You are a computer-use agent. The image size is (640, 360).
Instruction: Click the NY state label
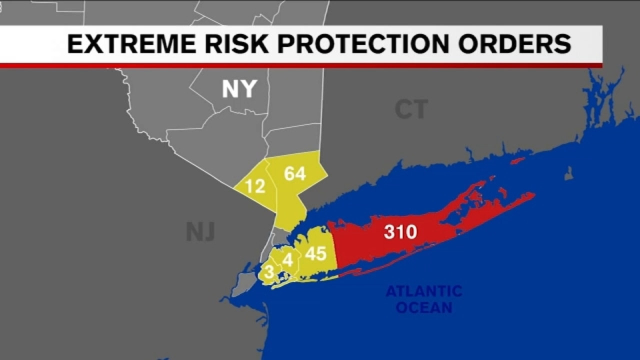239,89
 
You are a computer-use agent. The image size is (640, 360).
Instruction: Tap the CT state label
411,109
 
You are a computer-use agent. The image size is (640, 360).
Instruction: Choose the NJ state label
200,231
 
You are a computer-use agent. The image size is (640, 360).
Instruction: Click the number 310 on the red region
400,232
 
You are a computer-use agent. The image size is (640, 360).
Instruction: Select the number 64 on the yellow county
295,173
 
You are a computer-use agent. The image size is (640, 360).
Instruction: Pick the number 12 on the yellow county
254,186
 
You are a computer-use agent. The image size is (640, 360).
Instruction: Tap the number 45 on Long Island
315,254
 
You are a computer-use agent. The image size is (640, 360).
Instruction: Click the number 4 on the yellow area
287,260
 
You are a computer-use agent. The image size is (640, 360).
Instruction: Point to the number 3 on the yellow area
269,272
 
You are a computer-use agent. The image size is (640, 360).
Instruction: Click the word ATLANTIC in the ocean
424,291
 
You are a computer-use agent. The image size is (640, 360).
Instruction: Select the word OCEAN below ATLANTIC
424,307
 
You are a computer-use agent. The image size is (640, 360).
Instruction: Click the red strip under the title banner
300,65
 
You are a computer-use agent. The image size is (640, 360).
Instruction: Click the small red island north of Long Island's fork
517,161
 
